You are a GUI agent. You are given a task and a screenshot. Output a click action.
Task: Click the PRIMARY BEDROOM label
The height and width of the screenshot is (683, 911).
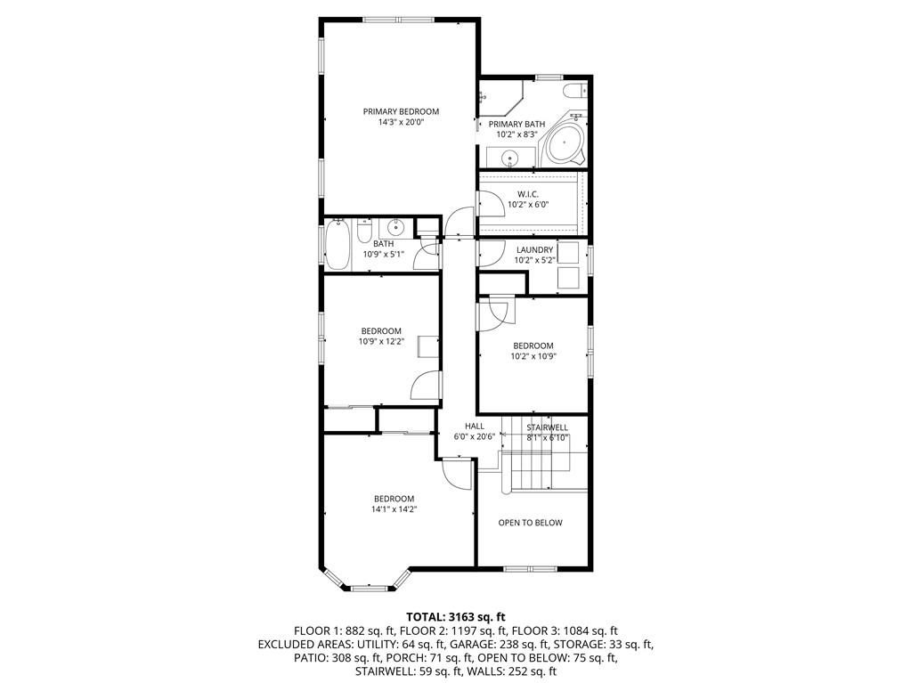401,111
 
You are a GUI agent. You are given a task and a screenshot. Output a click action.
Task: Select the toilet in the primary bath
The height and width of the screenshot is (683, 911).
575,89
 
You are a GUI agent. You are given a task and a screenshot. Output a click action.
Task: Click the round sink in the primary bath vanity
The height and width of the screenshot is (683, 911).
509,159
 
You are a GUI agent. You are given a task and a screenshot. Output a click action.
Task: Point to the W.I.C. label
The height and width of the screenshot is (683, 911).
528,193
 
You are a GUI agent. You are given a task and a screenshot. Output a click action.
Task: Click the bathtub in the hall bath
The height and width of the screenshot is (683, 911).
338,245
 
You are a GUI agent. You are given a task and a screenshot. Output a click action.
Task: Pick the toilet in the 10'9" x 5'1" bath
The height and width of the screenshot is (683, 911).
363,232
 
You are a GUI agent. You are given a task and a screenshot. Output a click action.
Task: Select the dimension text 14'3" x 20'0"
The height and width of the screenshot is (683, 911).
401,123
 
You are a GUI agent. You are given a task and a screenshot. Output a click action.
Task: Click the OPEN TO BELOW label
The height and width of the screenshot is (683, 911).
530,523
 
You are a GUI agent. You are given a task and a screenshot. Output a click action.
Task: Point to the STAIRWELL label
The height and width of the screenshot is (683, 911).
547,427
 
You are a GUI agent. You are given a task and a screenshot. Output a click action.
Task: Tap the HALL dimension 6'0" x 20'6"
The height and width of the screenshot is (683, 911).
474,437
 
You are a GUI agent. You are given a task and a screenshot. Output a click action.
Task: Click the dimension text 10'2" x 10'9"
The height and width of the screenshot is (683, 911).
533,356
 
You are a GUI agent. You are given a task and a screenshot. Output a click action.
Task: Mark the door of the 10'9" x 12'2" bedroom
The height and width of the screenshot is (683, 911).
426,385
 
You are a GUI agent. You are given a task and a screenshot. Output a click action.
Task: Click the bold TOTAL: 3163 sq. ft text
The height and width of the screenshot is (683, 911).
455,616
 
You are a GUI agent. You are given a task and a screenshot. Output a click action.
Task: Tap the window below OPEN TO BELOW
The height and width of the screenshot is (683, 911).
530,568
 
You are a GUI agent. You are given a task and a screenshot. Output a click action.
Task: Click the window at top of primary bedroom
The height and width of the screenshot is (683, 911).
400,20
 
